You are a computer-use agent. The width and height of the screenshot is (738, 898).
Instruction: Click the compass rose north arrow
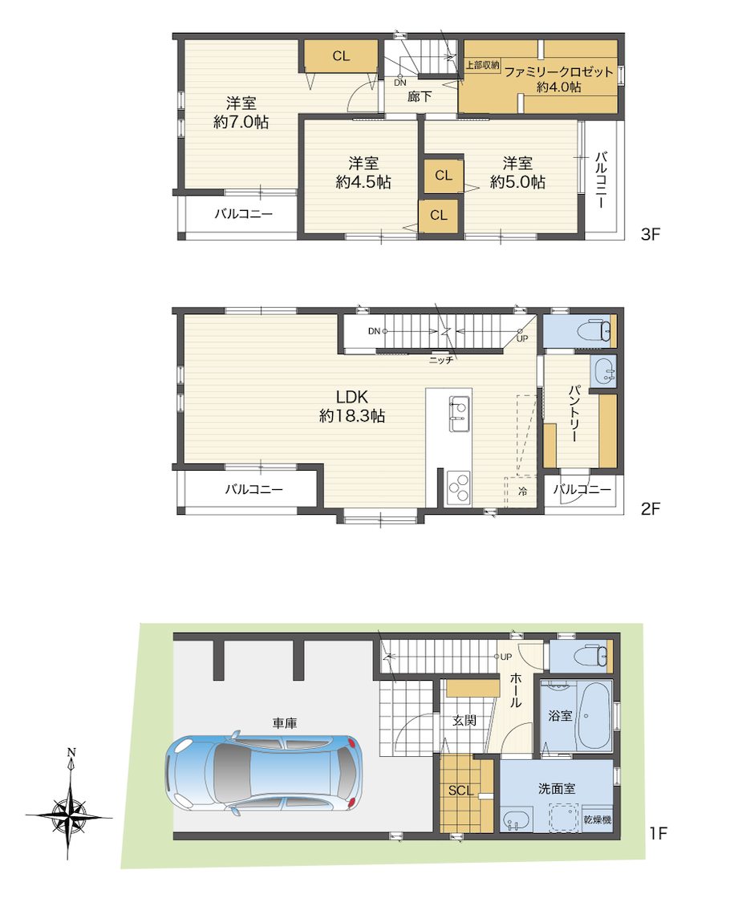point(69,812)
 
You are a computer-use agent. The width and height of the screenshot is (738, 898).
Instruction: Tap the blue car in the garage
point(264,773)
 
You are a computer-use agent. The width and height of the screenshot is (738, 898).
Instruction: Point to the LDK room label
point(352,397)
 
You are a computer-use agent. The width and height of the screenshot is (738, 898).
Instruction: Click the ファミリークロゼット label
point(558,72)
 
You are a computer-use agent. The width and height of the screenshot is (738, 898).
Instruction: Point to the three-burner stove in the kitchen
point(458,488)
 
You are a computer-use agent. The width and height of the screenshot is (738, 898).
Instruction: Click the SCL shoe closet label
point(460,791)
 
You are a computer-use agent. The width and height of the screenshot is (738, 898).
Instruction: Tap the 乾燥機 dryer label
point(597,819)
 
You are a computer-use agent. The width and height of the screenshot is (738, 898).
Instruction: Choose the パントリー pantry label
point(574,413)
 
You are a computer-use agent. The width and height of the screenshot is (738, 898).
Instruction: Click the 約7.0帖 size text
point(241,122)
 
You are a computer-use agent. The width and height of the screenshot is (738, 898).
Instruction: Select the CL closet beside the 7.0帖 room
point(341,56)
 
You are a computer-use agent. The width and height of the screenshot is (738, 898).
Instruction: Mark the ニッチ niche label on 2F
point(441,360)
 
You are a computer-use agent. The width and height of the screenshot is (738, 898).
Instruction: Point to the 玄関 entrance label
point(464,720)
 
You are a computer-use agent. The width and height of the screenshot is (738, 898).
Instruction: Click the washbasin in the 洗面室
point(516,822)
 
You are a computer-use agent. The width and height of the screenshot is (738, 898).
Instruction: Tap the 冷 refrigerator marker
point(522,491)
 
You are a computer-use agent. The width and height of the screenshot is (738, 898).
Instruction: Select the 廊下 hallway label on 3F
point(420,97)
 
